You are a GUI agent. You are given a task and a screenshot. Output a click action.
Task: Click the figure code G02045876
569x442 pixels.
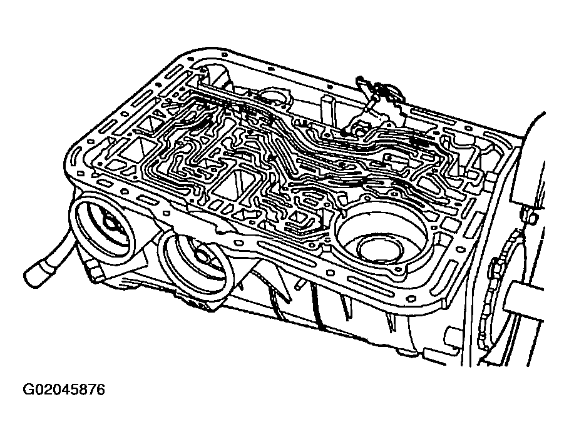tap(63, 390)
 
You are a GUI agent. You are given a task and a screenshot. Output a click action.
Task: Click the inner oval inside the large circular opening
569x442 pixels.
tap(381, 250)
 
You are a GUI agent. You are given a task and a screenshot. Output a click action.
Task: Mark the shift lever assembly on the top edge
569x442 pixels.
tap(377, 109)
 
